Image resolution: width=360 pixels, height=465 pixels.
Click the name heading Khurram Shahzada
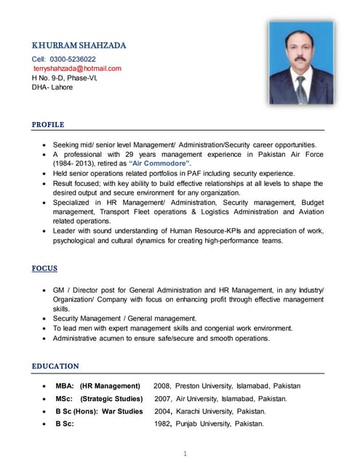(79, 45)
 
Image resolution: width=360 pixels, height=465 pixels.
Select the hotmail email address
(77, 68)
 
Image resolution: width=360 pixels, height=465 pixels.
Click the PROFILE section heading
(48, 125)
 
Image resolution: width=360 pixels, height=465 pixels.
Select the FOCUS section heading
(44, 268)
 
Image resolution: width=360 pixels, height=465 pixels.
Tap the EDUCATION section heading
(55, 365)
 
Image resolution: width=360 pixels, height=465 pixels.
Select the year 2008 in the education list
(163, 386)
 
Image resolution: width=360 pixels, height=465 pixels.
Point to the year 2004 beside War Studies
(164, 411)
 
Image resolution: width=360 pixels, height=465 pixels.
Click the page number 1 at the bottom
(185, 454)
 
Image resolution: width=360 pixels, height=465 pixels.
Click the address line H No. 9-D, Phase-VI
(65, 77)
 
